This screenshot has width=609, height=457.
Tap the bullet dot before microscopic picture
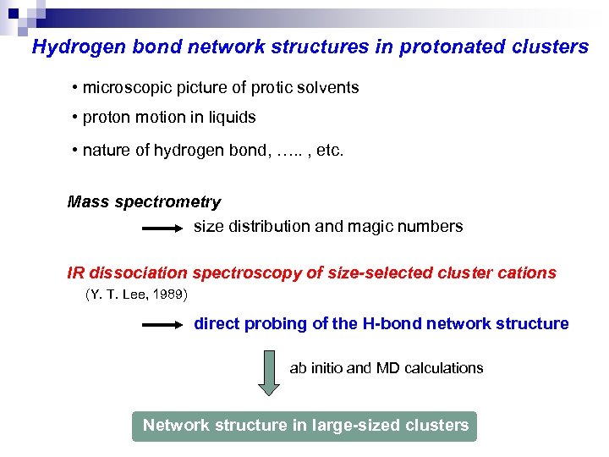75,88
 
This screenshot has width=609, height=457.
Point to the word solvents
329,88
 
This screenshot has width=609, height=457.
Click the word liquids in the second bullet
232,118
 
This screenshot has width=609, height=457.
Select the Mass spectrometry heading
144,202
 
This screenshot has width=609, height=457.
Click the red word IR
76,273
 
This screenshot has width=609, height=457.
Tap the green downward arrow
268,372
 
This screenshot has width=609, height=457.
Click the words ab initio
315,368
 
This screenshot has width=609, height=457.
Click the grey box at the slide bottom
304,426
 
